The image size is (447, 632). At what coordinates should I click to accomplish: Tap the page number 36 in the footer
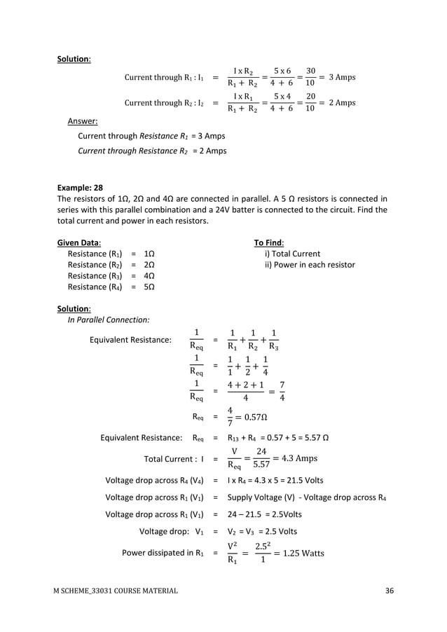(390, 591)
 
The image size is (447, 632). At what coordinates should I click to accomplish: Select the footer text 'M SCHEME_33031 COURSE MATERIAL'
(115, 591)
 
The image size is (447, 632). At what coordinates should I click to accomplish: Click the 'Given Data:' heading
(78, 242)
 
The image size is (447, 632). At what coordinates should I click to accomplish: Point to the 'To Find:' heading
(268, 242)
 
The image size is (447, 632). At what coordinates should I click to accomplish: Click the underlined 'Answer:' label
(82, 121)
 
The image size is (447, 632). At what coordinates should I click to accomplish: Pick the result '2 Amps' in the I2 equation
(340, 103)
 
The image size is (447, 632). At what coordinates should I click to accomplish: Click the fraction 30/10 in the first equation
(310, 77)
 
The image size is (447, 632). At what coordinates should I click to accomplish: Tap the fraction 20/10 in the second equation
(310, 103)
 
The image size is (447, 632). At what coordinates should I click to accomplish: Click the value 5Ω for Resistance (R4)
(149, 287)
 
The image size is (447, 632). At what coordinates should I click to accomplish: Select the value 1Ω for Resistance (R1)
(149, 254)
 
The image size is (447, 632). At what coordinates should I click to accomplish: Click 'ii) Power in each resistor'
(309, 265)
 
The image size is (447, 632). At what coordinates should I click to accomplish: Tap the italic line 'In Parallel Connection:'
(108, 320)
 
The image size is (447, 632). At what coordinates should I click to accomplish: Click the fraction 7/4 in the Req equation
(281, 392)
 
